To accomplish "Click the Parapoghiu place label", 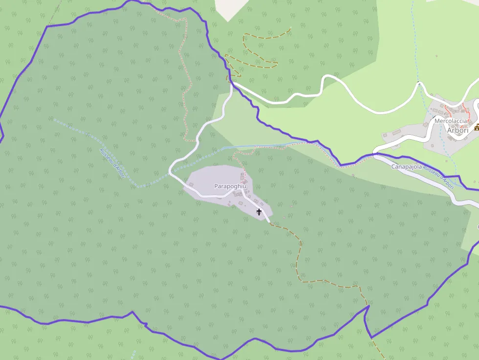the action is click(x=230, y=187).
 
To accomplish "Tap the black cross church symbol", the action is click(x=259, y=212).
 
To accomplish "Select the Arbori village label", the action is click(x=458, y=130).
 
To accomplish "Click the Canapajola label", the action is click(x=406, y=167).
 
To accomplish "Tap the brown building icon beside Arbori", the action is click(x=477, y=127).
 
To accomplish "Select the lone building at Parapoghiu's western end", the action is click(x=191, y=184).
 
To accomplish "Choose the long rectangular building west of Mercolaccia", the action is click(x=397, y=132).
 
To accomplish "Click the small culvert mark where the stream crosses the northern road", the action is click(x=419, y=83).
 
